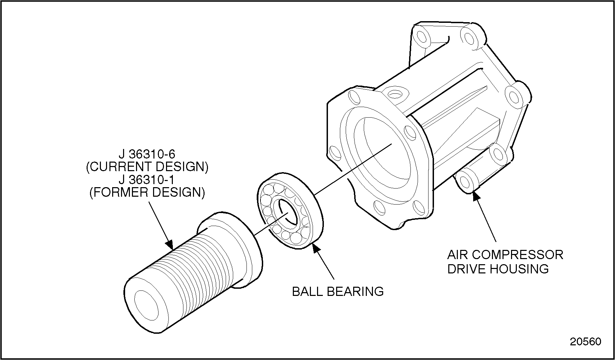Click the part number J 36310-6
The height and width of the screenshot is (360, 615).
[147, 154]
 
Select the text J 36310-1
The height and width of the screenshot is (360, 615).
[147, 180]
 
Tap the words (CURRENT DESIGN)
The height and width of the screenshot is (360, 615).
[147, 167]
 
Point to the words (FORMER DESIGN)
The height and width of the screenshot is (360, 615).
[147, 193]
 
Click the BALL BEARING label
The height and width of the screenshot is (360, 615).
[338, 291]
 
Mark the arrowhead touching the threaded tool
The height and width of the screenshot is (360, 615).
[169, 245]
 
